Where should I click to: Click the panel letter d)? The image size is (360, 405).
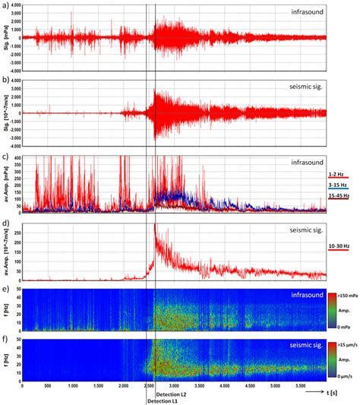pyautogui.click(x=6, y=225)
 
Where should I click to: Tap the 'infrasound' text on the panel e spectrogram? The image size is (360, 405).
pyautogui.click(x=306, y=294)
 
